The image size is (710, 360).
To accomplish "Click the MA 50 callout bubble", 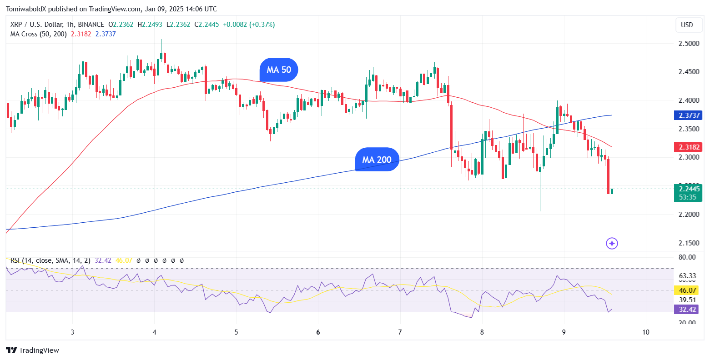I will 279,70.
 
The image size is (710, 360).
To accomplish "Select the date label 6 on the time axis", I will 318,332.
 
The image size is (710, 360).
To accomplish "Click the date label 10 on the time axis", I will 646,332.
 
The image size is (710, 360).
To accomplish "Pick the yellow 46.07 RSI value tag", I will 687,290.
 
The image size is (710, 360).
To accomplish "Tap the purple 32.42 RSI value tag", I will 687,310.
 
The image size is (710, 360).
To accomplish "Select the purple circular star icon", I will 612,244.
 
